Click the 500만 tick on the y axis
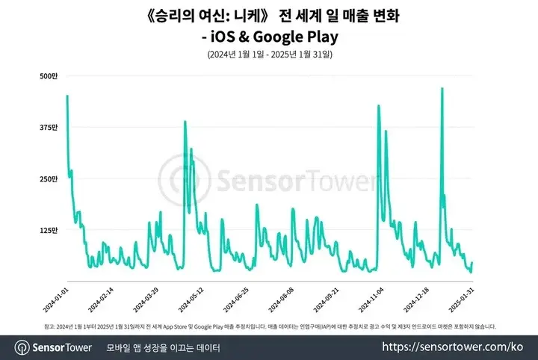click(49, 76)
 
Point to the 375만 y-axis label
click(49, 128)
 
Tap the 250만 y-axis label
click(49, 179)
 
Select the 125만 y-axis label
click(49, 231)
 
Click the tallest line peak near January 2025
click(442, 89)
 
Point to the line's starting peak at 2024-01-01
click(67, 96)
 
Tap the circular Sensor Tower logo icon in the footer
click(22, 347)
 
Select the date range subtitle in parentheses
click(269, 55)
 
